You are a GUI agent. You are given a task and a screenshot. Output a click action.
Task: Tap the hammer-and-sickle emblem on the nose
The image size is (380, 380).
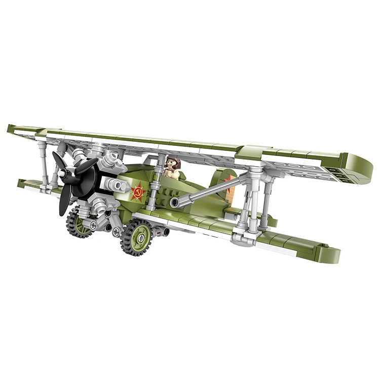coord(137,192)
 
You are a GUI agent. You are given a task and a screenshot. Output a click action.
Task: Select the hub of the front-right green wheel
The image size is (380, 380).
coord(140,236)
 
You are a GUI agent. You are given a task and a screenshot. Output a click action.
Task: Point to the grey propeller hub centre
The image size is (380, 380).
coord(63,173)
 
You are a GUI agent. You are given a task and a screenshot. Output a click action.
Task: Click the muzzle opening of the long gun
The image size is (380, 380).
coord(174,204)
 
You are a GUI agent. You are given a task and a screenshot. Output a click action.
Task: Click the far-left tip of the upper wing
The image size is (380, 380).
coord(11,128)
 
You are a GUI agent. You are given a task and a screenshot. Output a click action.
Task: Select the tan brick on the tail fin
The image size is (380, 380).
coord(229,195)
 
